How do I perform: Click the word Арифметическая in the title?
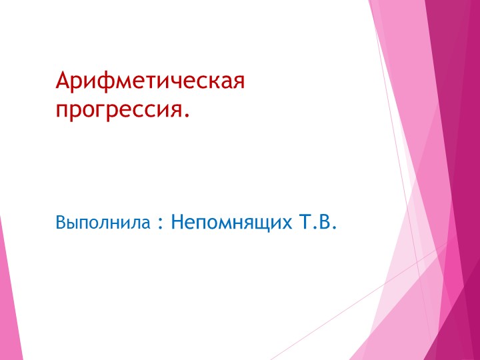(151, 82)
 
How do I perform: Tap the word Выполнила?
(103, 222)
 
